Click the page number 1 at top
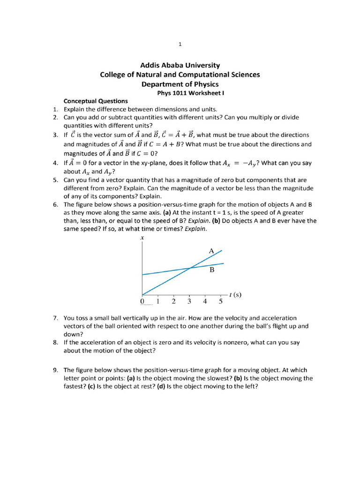[180, 45]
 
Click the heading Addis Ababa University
[180, 66]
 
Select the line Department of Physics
[180, 84]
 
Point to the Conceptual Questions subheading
[96, 101]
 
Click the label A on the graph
[211, 251]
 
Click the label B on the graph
[212, 270]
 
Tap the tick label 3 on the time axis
[189, 301]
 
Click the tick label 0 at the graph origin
[142, 301]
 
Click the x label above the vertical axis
[142, 238]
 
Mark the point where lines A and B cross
[189, 268]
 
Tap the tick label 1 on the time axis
[158, 301]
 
